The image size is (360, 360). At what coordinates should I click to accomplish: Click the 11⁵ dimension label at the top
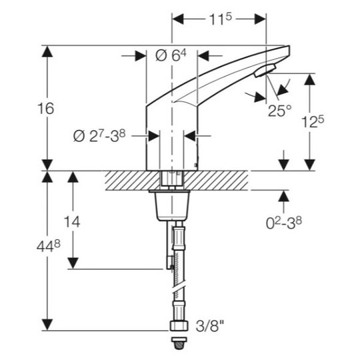[x=220, y=19]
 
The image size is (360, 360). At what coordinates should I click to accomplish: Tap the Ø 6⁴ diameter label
[x=171, y=55]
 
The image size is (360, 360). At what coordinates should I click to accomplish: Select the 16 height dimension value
[x=46, y=109]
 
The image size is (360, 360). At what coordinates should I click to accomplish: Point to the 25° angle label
[x=279, y=111]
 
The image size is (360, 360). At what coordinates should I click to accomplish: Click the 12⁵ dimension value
[x=313, y=122]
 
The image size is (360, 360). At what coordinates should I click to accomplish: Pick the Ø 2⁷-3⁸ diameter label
[x=99, y=136]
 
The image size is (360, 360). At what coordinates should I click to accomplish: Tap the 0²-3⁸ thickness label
[x=283, y=223]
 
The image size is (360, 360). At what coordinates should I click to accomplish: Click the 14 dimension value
[x=72, y=222]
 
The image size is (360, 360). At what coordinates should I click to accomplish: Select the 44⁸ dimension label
[x=49, y=247]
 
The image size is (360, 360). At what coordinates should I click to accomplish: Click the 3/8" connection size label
[x=209, y=325]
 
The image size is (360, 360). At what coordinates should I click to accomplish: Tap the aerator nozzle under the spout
[x=265, y=71]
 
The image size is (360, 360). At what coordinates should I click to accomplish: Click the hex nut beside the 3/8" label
[x=179, y=326]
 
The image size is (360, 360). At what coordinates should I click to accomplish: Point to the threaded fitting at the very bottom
[x=180, y=343]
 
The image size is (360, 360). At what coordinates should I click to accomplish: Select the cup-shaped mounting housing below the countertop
[x=172, y=205]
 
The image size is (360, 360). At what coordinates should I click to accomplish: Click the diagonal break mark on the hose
[x=179, y=289]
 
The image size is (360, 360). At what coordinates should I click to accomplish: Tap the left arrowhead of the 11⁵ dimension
[x=178, y=19]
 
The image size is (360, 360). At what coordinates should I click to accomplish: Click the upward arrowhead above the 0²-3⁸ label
[x=284, y=196]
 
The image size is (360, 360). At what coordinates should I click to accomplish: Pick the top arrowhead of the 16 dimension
[x=47, y=51]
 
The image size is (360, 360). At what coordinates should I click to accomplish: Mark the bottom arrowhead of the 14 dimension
[x=73, y=263]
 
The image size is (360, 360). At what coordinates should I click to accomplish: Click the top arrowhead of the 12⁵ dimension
[x=310, y=79]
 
